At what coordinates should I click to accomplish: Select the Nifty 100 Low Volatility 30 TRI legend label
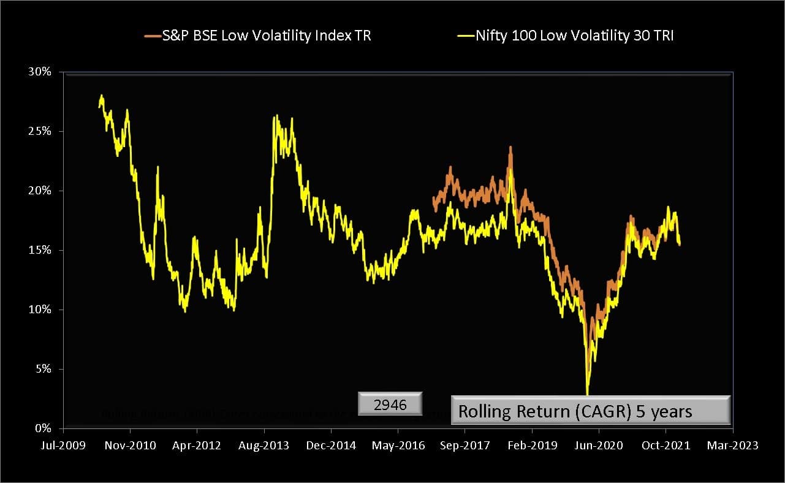574,36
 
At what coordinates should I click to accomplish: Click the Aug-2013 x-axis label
264,446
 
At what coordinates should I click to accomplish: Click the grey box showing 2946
390,405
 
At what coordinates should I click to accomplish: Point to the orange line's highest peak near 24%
510,148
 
